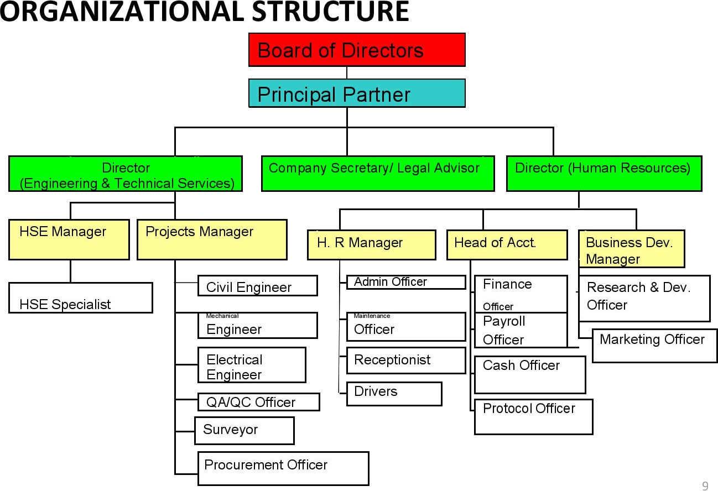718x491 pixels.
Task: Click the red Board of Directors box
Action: point(357,50)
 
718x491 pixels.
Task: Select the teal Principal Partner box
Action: point(357,93)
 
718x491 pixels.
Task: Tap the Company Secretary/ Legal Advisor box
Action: point(378,174)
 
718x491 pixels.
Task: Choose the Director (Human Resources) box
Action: point(604,174)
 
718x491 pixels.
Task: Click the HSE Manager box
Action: point(69,239)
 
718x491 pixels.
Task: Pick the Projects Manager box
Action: point(212,239)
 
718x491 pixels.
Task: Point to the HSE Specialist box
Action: point(81,298)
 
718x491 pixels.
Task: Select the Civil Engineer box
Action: point(258,286)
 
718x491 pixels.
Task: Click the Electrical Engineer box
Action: point(252,365)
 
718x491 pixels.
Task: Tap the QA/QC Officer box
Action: point(259,402)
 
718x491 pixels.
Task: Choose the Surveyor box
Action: point(244,431)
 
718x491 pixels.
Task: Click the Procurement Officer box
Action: point(283,468)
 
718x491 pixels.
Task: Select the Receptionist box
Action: point(406,361)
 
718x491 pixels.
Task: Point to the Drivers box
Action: point(394,394)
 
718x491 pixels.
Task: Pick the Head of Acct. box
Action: point(507,245)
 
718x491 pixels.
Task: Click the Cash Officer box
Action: point(530,374)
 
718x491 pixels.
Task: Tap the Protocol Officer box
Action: point(534,416)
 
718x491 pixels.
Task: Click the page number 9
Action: point(705,486)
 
